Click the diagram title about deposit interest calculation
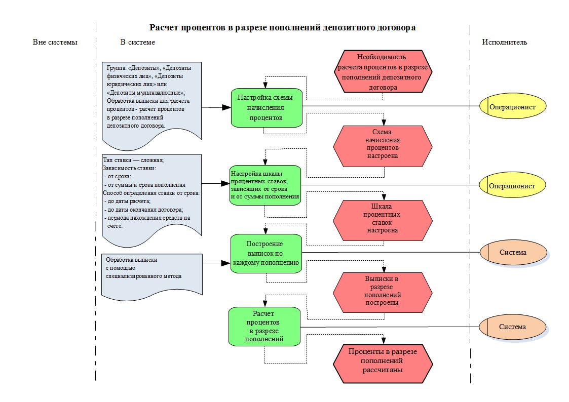[x=282, y=28]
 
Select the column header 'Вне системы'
[x=55, y=42]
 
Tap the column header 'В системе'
[x=137, y=42]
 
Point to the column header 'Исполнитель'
[x=504, y=42]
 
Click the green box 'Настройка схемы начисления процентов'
[x=266, y=107]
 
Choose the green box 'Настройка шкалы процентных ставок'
[x=265, y=185]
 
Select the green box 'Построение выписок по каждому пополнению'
[x=266, y=253]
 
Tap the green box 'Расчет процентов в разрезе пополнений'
[x=264, y=327]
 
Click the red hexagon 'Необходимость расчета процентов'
[x=383, y=71]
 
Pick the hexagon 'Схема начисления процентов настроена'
[x=383, y=144]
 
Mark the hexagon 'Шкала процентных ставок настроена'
[x=383, y=218]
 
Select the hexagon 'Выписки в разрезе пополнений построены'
[x=383, y=291]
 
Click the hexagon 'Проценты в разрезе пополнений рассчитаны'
[x=383, y=361]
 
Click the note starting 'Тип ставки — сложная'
[x=151, y=195]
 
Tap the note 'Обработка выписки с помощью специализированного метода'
[x=151, y=273]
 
